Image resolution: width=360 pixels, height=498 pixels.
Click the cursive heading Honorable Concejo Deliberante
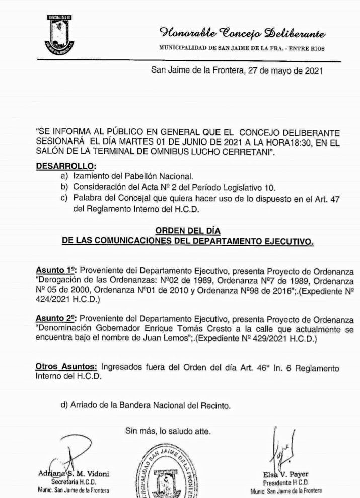[242, 34]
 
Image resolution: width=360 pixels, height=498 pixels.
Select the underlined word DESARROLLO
[65, 166]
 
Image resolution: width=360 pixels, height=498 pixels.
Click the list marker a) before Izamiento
[64, 176]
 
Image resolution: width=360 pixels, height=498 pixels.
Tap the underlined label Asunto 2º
[56, 319]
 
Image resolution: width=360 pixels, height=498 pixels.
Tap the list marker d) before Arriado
[64, 405]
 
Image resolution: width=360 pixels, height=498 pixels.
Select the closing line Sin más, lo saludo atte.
[168, 431]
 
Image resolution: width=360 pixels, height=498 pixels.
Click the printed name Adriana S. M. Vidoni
[74, 473]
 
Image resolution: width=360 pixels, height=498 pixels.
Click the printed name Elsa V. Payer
[285, 473]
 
